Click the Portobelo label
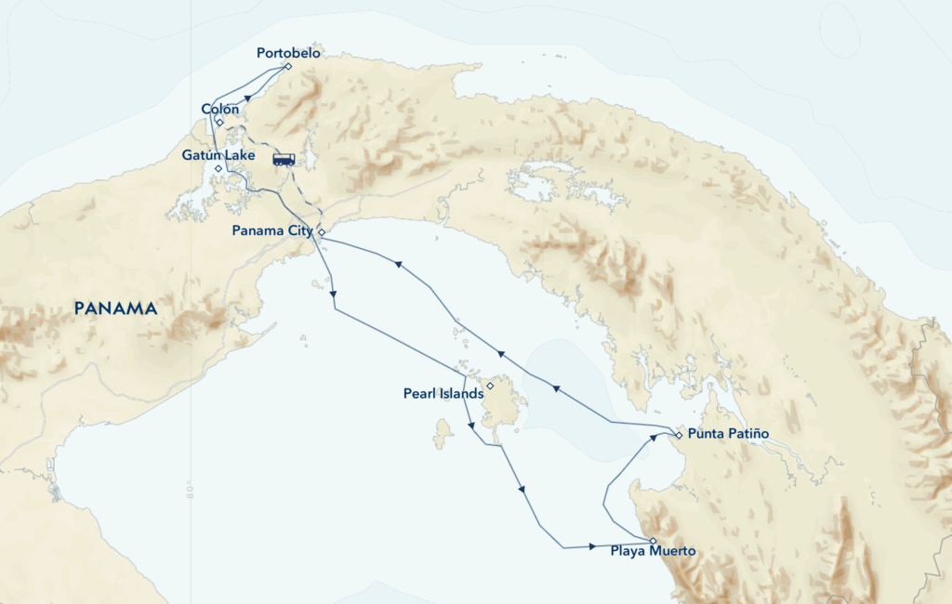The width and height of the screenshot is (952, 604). pos(288,54)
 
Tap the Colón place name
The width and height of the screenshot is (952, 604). pos(220,110)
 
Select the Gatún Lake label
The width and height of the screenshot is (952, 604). pos(218,155)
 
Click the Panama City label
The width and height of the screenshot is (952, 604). pos(273,231)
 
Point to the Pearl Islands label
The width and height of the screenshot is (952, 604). pos(443,394)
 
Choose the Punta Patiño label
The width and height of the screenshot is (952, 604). pos(728,435)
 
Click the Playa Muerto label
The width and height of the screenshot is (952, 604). pos(653,552)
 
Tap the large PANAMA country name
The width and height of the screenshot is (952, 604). pos(116,308)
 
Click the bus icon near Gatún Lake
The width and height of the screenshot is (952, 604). pos(284,159)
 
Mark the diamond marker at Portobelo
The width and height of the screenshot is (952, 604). pos(289,66)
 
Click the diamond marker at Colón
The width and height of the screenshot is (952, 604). pos(219,122)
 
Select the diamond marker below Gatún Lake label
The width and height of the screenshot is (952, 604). pos(218,169)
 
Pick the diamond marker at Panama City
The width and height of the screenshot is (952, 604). pos(321,231)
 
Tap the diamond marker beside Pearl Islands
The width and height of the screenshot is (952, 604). pos(490,385)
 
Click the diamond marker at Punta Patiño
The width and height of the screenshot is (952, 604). pos(679,435)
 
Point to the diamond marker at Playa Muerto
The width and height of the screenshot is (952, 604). pos(653,541)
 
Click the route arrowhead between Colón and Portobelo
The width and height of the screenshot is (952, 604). pos(248,96)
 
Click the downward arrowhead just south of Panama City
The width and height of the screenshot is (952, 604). pos(333,295)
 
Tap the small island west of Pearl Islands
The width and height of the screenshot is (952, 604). pos(443,432)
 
